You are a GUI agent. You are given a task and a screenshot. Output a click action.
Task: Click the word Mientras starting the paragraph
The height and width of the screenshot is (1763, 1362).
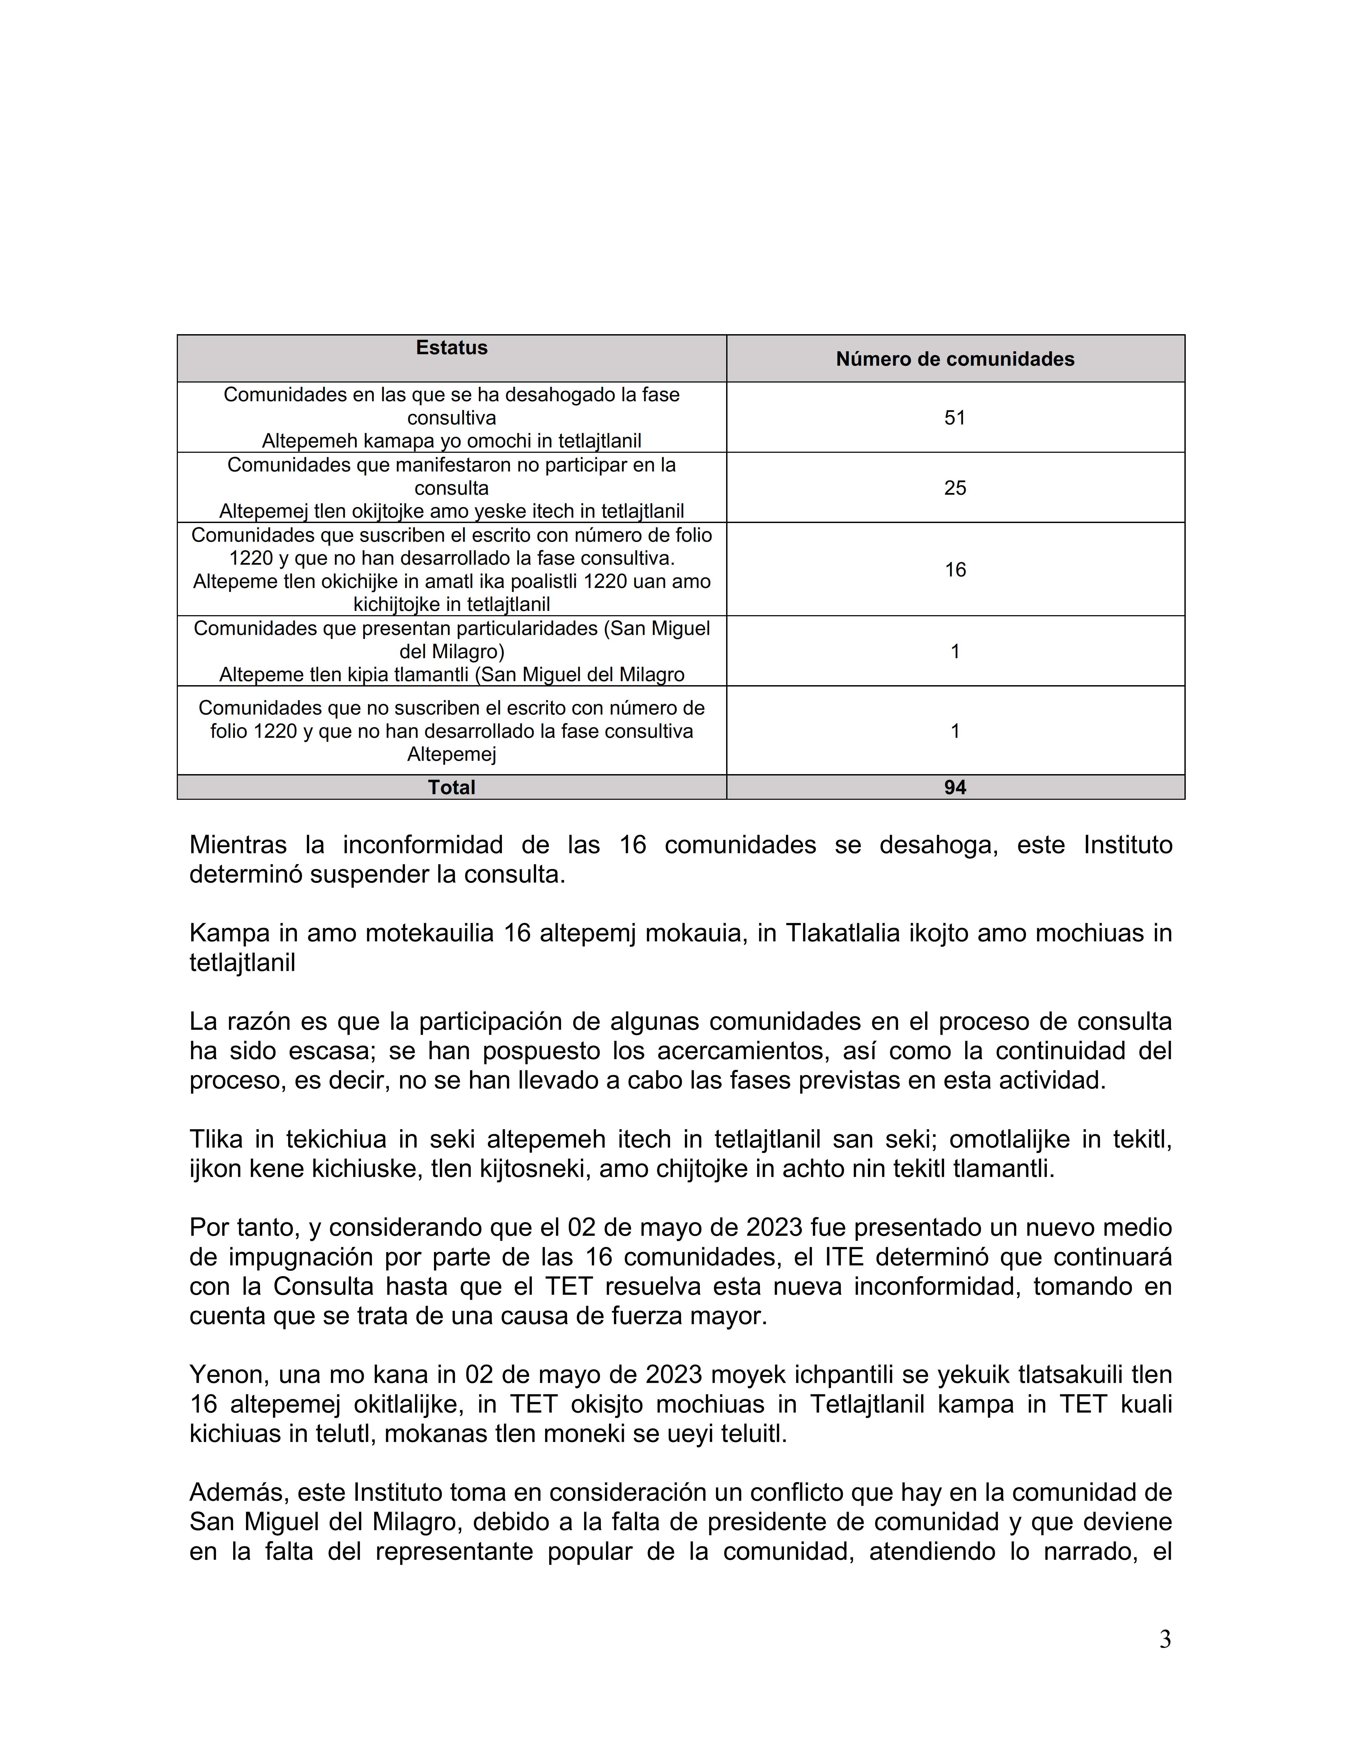pyautogui.click(x=238, y=845)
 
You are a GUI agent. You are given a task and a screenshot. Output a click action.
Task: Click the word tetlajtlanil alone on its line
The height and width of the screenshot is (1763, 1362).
pyautogui.click(x=242, y=963)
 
